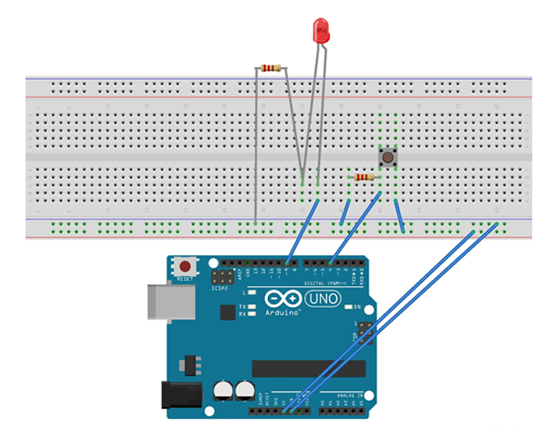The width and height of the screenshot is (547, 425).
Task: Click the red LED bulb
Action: pos(321,31)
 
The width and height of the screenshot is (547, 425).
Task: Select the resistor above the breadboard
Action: pos(271,68)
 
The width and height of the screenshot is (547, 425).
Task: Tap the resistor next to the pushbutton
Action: pos(363,178)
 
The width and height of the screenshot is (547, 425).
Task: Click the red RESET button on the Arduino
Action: pos(185,267)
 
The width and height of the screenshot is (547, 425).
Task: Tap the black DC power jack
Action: pos(175,396)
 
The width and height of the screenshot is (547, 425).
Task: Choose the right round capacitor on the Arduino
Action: pos(246,390)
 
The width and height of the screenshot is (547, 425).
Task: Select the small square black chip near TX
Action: pos(227,312)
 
